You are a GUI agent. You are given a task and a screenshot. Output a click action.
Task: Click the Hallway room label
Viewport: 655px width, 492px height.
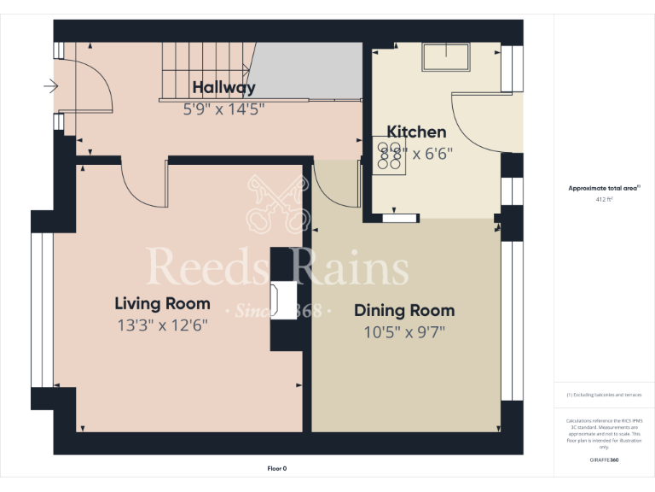point(223,87)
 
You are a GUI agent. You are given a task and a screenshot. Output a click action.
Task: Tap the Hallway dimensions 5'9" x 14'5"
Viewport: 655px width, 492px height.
point(223,108)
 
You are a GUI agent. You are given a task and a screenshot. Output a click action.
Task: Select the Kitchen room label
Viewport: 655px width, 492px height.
point(416,132)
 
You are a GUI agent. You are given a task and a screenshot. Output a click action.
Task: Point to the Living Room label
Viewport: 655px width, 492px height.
point(162,303)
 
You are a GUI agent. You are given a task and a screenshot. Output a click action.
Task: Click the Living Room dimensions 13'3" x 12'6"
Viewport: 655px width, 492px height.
point(162,325)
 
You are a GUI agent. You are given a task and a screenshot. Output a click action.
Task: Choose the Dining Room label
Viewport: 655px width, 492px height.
point(404,310)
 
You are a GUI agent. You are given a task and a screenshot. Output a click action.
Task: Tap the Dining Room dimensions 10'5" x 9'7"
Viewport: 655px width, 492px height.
point(404,331)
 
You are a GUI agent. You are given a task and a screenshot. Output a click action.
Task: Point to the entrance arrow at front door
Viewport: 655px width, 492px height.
point(50,85)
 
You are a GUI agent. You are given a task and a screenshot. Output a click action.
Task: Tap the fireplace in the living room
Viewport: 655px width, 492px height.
point(278,299)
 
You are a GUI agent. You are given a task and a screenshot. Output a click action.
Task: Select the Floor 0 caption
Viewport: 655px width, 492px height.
point(277,468)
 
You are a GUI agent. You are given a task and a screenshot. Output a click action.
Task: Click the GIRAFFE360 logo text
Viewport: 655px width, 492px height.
point(604,460)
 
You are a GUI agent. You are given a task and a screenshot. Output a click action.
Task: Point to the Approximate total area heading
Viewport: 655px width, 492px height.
point(604,188)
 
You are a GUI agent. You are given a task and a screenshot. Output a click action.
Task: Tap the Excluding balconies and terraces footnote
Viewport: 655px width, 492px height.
point(604,395)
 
